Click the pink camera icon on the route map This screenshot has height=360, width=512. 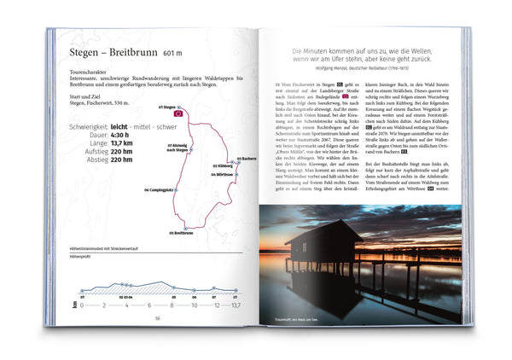(x=178, y=112)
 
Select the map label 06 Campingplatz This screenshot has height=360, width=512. (x=160, y=189)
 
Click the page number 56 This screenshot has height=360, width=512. (x=158, y=320)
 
